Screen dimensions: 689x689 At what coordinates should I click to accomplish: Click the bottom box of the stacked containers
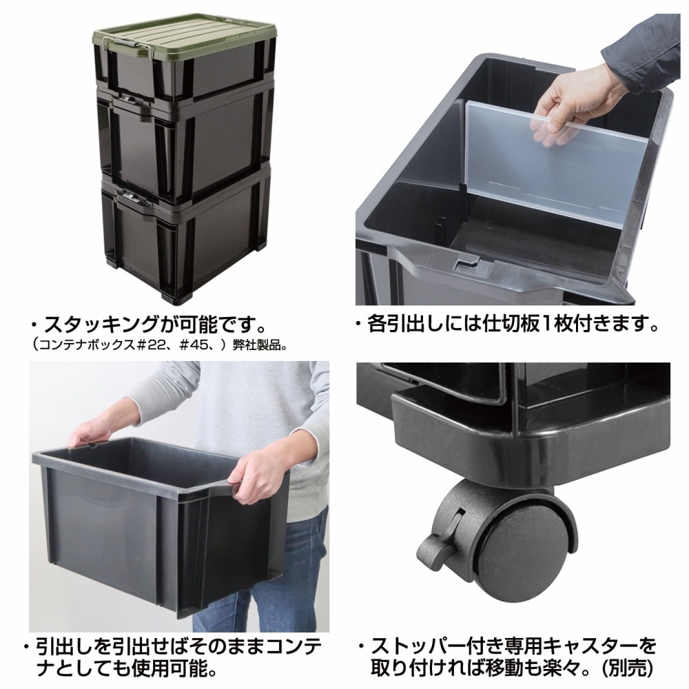coord(186,241)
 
